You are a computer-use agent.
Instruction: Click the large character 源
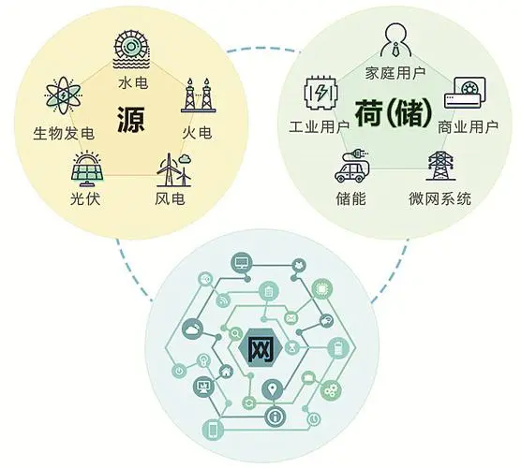[130, 119]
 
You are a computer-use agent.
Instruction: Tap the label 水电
[133, 82]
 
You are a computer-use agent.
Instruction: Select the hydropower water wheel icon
[131, 49]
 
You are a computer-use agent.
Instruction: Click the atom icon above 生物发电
[63, 95]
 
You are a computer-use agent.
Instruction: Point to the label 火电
[197, 133]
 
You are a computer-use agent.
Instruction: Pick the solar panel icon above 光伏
[87, 169]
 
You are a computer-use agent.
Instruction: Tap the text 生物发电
[64, 134]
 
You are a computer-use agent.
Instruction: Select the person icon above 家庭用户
[395, 40]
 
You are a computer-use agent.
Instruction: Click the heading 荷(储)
[394, 113]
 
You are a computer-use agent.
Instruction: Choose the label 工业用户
[319, 126]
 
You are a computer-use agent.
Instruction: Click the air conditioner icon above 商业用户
[465, 93]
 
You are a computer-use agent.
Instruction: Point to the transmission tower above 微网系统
[440, 166]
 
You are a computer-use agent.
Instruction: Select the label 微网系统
[439, 198]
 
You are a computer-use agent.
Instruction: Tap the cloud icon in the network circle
[193, 329]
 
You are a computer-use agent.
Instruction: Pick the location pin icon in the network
[273, 389]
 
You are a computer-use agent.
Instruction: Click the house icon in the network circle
[226, 371]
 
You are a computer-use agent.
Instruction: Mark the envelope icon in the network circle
[291, 318]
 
